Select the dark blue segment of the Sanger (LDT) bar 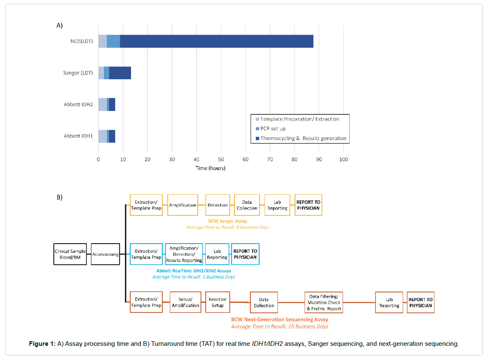click(x=120, y=73)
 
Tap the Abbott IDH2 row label click(x=78, y=104)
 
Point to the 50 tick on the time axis click(x=221, y=159)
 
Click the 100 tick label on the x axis click(x=343, y=159)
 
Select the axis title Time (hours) click(x=210, y=168)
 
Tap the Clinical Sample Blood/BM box click(x=70, y=254)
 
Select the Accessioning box click(x=105, y=254)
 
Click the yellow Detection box click(x=217, y=205)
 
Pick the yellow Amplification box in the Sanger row click(x=182, y=205)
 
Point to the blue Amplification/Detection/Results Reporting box click(x=184, y=254)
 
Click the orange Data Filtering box click(x=323, y=302)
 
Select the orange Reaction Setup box click(x=217, y=302)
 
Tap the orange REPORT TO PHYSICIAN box click(x=420, y=302)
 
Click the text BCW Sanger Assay click(x=227, y=221)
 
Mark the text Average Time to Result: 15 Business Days click(x=279, y=326)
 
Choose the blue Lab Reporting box click(x=217, y=254)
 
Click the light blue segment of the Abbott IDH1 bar click(x=102, y=136)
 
